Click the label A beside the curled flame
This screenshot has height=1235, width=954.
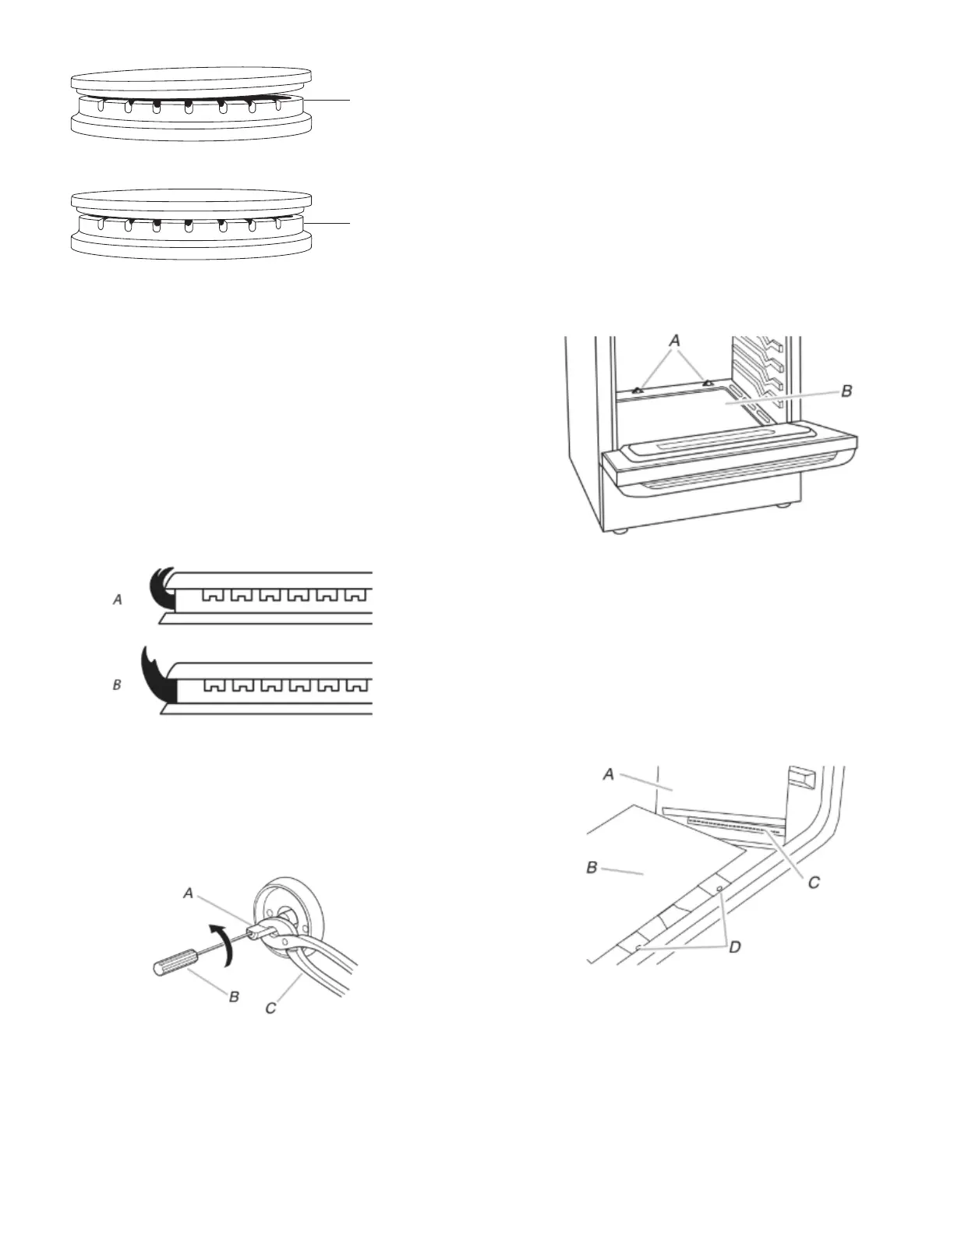pos(118,600)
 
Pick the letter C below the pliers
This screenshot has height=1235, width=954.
pos(271,1007)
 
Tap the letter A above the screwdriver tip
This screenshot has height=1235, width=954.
pos(189,894)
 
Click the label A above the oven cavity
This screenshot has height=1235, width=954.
pos(674,341)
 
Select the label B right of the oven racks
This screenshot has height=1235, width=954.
pos(846,391)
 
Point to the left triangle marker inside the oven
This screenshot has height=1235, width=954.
pos(637,388)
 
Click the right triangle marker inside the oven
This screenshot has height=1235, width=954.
pos(708,383)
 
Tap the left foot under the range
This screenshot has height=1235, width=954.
pos(620,533)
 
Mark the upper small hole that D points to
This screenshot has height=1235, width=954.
pos(719,889)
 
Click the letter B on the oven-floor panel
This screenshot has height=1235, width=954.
pos(592,867)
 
